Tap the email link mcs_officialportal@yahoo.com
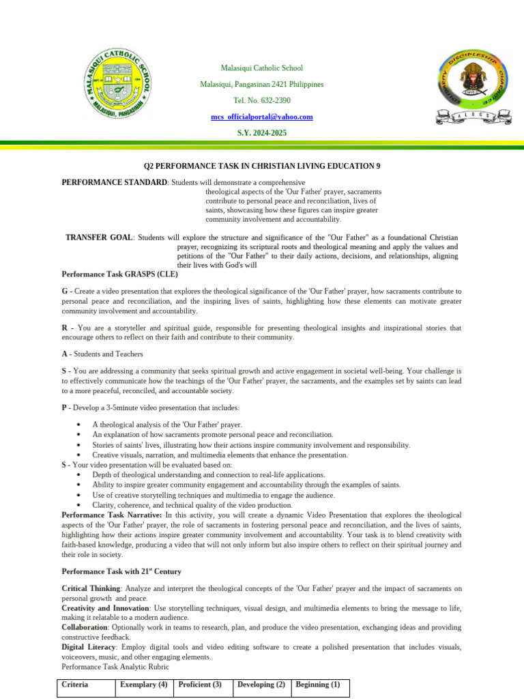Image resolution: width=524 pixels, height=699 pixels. (x=262, y=117)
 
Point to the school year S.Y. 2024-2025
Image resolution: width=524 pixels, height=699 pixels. (x=262, y=132)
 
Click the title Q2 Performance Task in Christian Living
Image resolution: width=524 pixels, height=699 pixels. (x=261, y=166)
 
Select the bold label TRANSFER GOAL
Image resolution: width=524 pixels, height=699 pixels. (x=99, y=237)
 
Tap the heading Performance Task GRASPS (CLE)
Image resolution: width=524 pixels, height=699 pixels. (x=119, y=274)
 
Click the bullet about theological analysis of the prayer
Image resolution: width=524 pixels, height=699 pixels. (x=167, y=425)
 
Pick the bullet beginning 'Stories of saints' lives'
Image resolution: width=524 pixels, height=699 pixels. (x=251, y=444)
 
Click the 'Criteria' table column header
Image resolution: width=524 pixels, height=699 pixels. (x=75, y=684)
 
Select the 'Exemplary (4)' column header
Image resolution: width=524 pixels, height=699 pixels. (x=143, y=684)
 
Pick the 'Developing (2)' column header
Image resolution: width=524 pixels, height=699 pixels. (x=261, y=684)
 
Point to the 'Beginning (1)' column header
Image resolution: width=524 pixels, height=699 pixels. (x=318, y=684)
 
